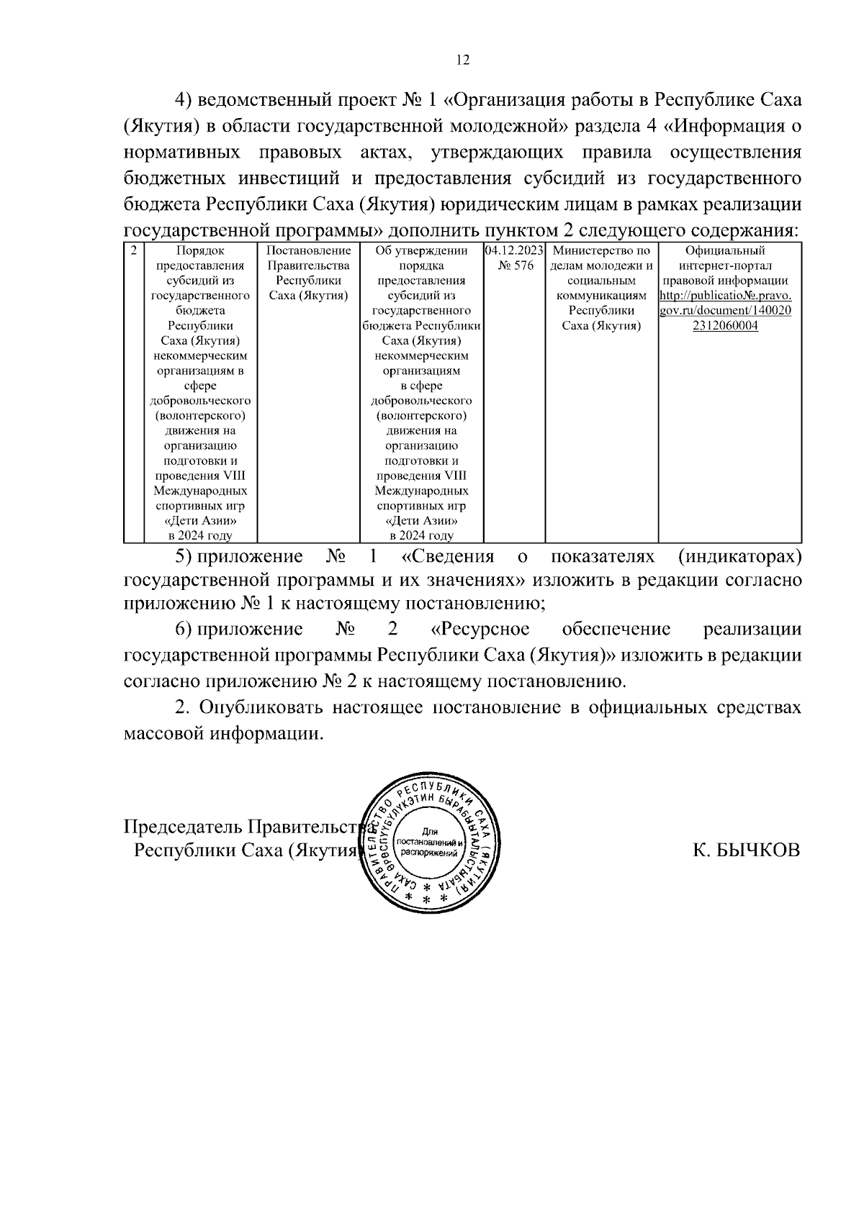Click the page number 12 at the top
pos(462,60)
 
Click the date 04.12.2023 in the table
pos(514,251)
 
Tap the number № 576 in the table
pos(516,266)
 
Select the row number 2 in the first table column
pos(133,251)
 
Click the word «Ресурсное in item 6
pos(480,629)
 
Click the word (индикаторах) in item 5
pos(739,556)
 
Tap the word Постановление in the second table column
pos(308,251)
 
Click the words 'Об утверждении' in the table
pos(421,251)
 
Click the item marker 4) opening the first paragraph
pos(185,100)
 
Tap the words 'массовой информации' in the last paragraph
pos(221,734)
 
